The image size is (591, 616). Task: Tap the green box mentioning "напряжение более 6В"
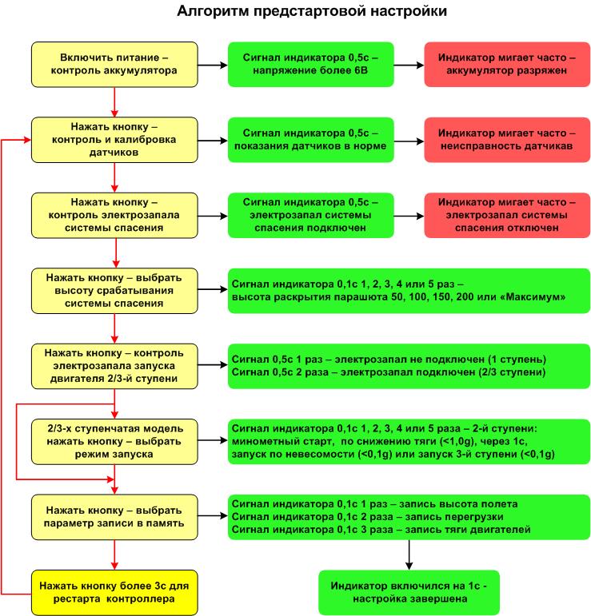[x=310, y=65]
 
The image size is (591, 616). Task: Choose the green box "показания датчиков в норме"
[x=310, y=140]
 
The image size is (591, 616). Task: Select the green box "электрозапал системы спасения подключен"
[x=310, y=216]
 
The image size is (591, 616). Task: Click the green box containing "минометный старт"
[x=409, y=441]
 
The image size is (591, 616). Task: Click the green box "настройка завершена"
[x=409, y=592]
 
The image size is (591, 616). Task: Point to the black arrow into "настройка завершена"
[x=409, y=555]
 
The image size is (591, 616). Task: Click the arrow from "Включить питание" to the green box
[x=212, y=65]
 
